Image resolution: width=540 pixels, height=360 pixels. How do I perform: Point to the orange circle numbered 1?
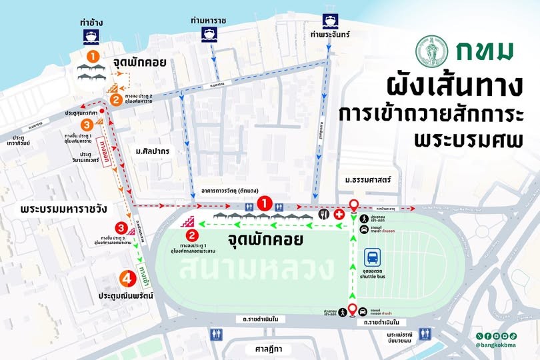click(x=94, y=56)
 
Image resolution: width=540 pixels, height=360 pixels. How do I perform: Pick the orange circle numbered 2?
click(x=115, y=101)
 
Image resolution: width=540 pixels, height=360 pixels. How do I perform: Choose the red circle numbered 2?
click(x=191, y=234)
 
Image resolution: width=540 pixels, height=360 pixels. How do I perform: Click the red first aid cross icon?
click(x=339, y=215)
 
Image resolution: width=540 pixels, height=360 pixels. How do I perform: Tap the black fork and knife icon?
click(x=323, y=215)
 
